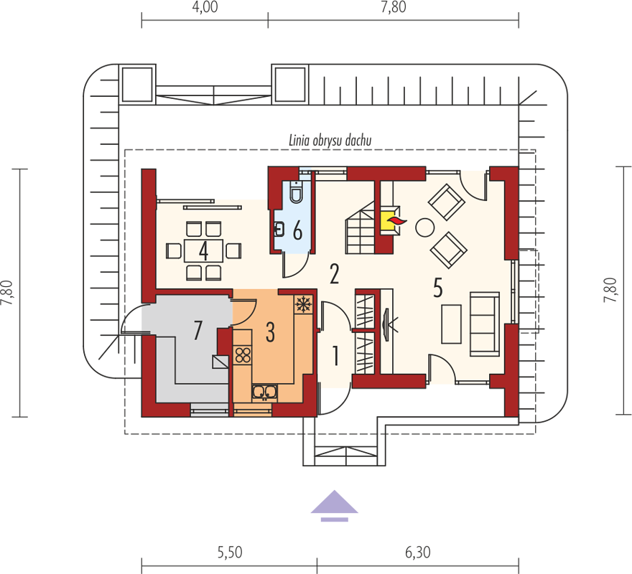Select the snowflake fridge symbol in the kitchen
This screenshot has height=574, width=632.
click(x=302, y=304)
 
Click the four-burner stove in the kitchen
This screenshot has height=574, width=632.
click(x=243, y=355)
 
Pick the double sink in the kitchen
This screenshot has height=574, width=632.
click(x=264, y=392)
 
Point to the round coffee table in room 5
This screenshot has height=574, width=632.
click(x=425, y=228)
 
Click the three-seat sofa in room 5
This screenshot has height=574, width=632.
click(x=485, y=324)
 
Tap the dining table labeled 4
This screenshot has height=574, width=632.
click(x=203, y=251)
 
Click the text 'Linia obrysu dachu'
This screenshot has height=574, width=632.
click(x=330, y=140)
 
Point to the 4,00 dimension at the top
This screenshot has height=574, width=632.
click(x=205, y=7)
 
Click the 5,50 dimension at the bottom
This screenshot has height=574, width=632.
click(x=230, y=552)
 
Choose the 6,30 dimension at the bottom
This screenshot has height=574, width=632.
click(x=418, y=552)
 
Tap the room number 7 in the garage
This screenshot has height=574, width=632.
click(x=197, y=330)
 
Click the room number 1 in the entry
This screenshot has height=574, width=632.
click(x=335, y=356)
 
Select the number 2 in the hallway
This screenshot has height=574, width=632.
click(x=334, y=274)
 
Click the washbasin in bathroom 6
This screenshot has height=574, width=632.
click(x=279, y=230)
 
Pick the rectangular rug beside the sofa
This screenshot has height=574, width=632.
click(x=452, y=324)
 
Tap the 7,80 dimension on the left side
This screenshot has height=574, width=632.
click(x=8, y=293)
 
